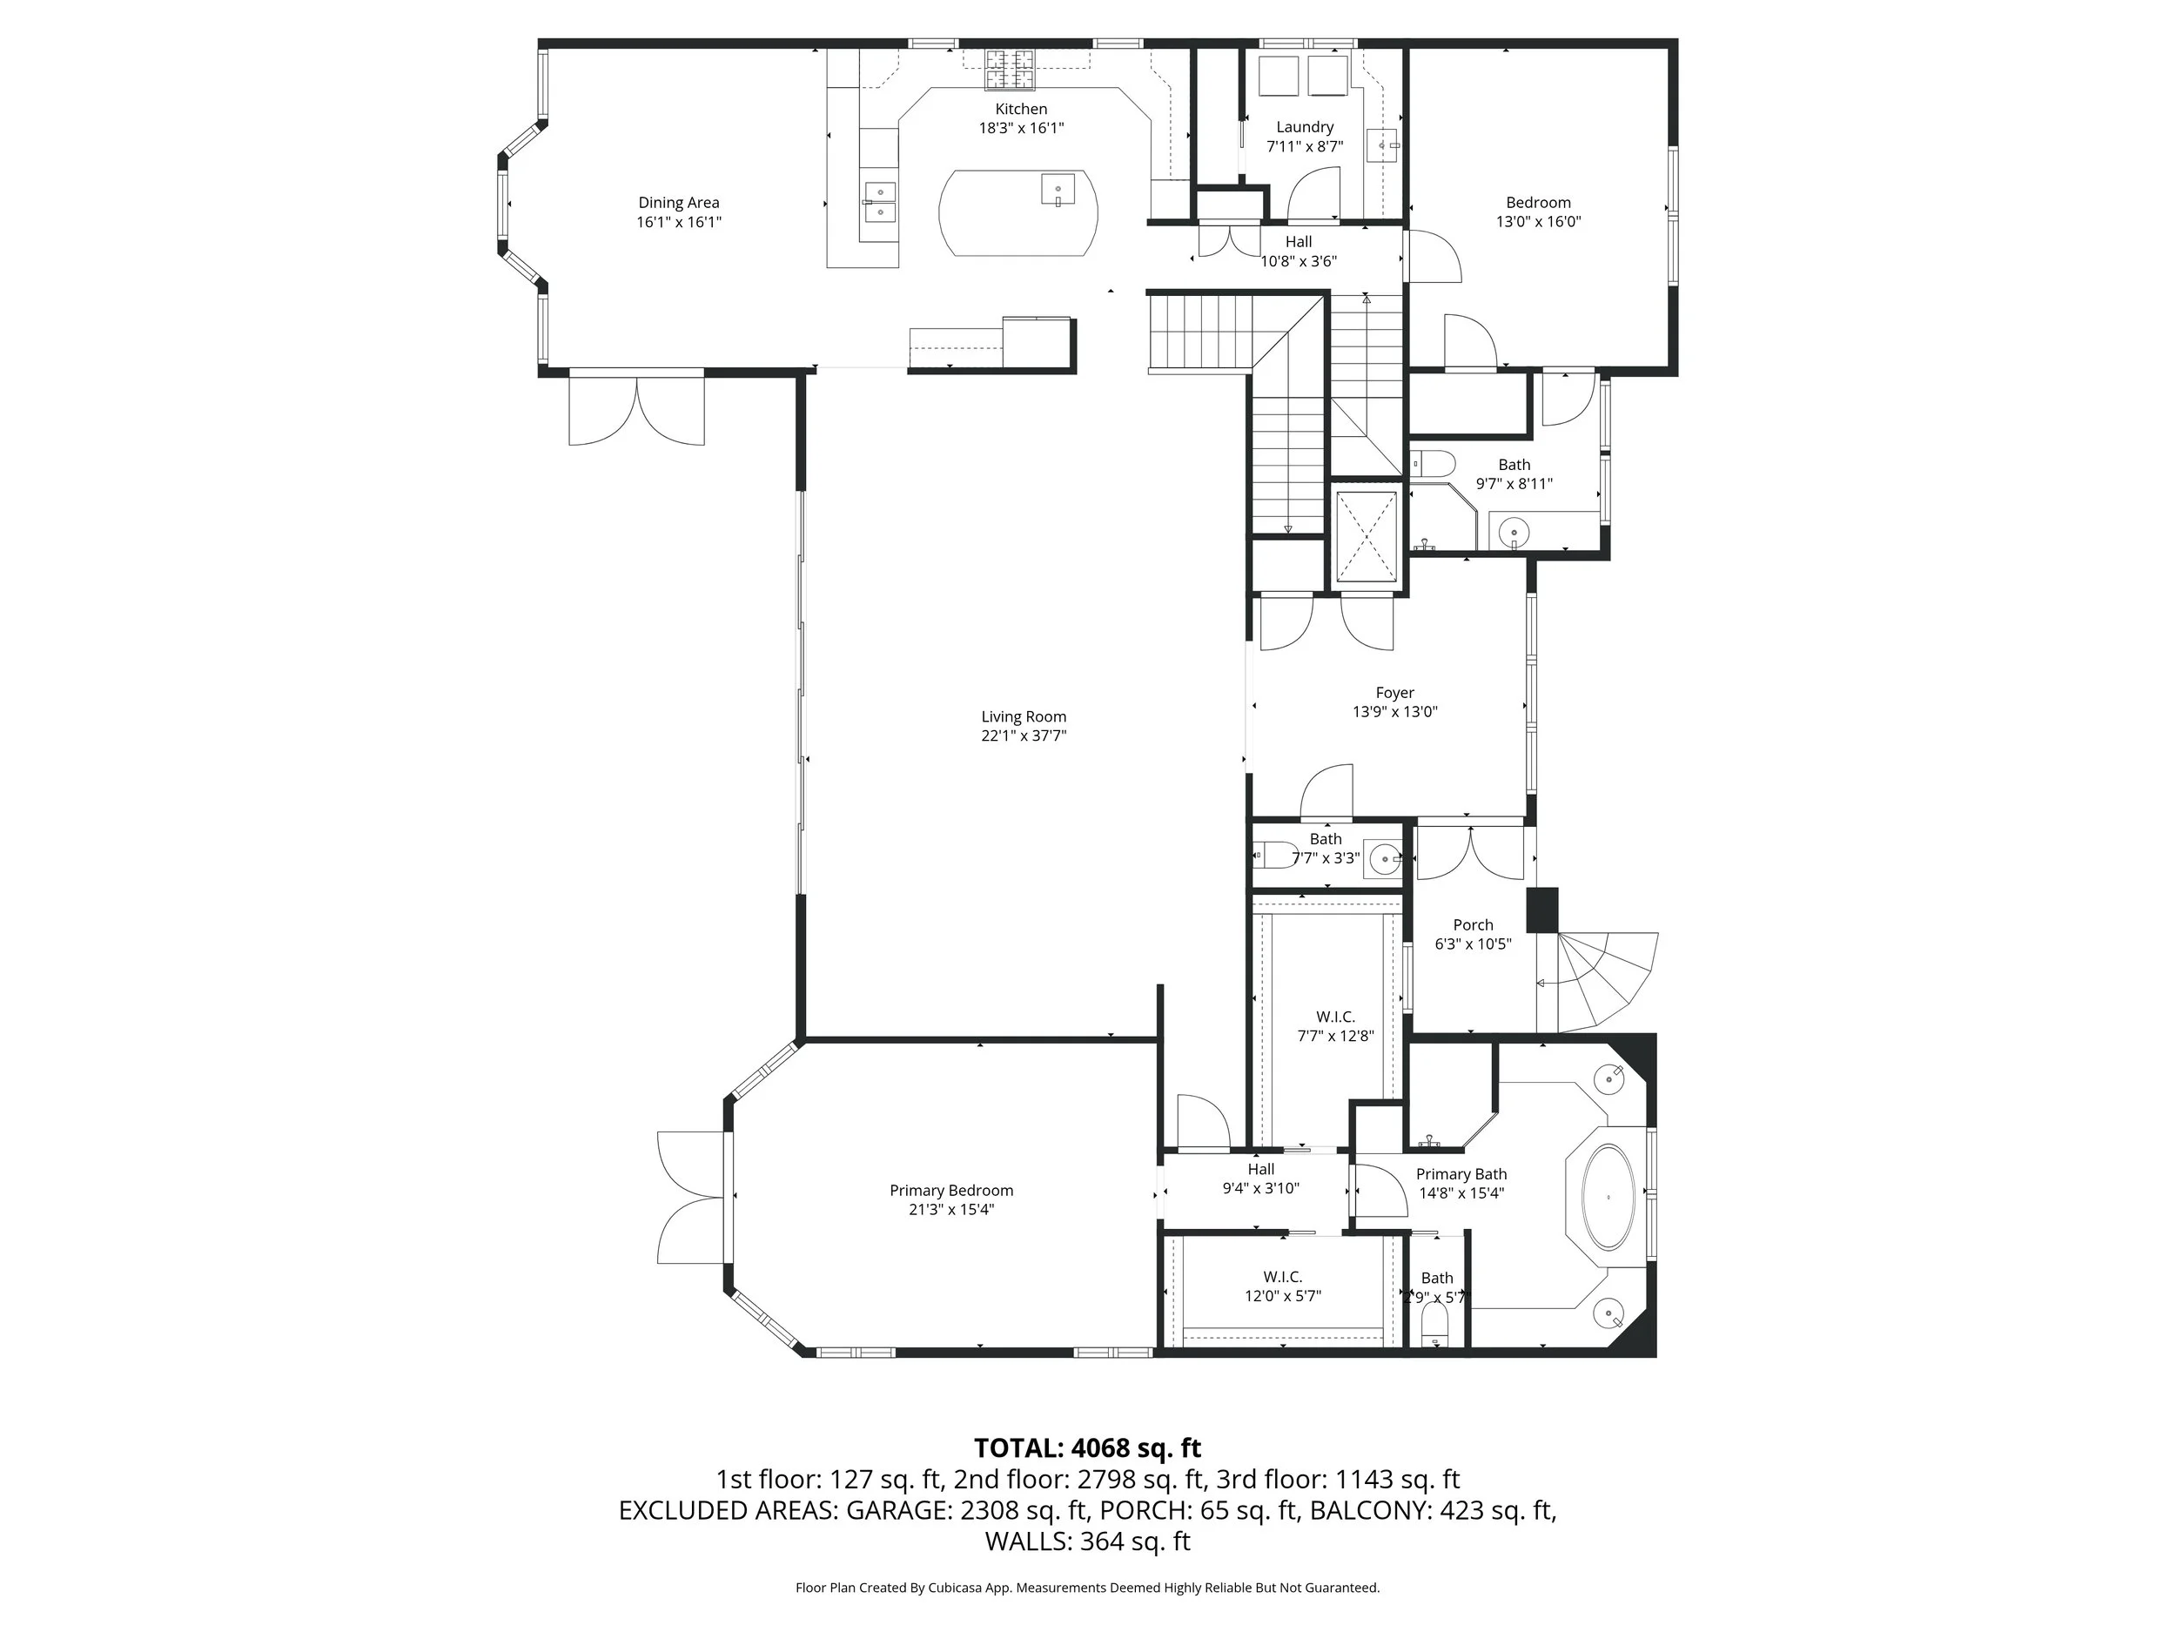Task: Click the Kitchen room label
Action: click(1020, 109)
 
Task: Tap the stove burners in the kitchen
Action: click(1011, 68)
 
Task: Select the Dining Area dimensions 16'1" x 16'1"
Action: click(679, 222)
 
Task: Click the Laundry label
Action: click(1305, 127)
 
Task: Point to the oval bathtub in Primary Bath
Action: click(1608, 1197)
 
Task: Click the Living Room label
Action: click(1023, 717)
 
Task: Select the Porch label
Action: click(1473, 924)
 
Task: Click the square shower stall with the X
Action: click(1366, 537)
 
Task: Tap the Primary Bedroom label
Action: click(950, 1191)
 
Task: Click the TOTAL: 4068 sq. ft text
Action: click(1087, 1448)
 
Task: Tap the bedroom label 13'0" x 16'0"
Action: click(1538, 222)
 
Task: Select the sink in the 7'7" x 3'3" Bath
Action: click(1386, 859)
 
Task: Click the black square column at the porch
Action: click(1541, 910)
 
